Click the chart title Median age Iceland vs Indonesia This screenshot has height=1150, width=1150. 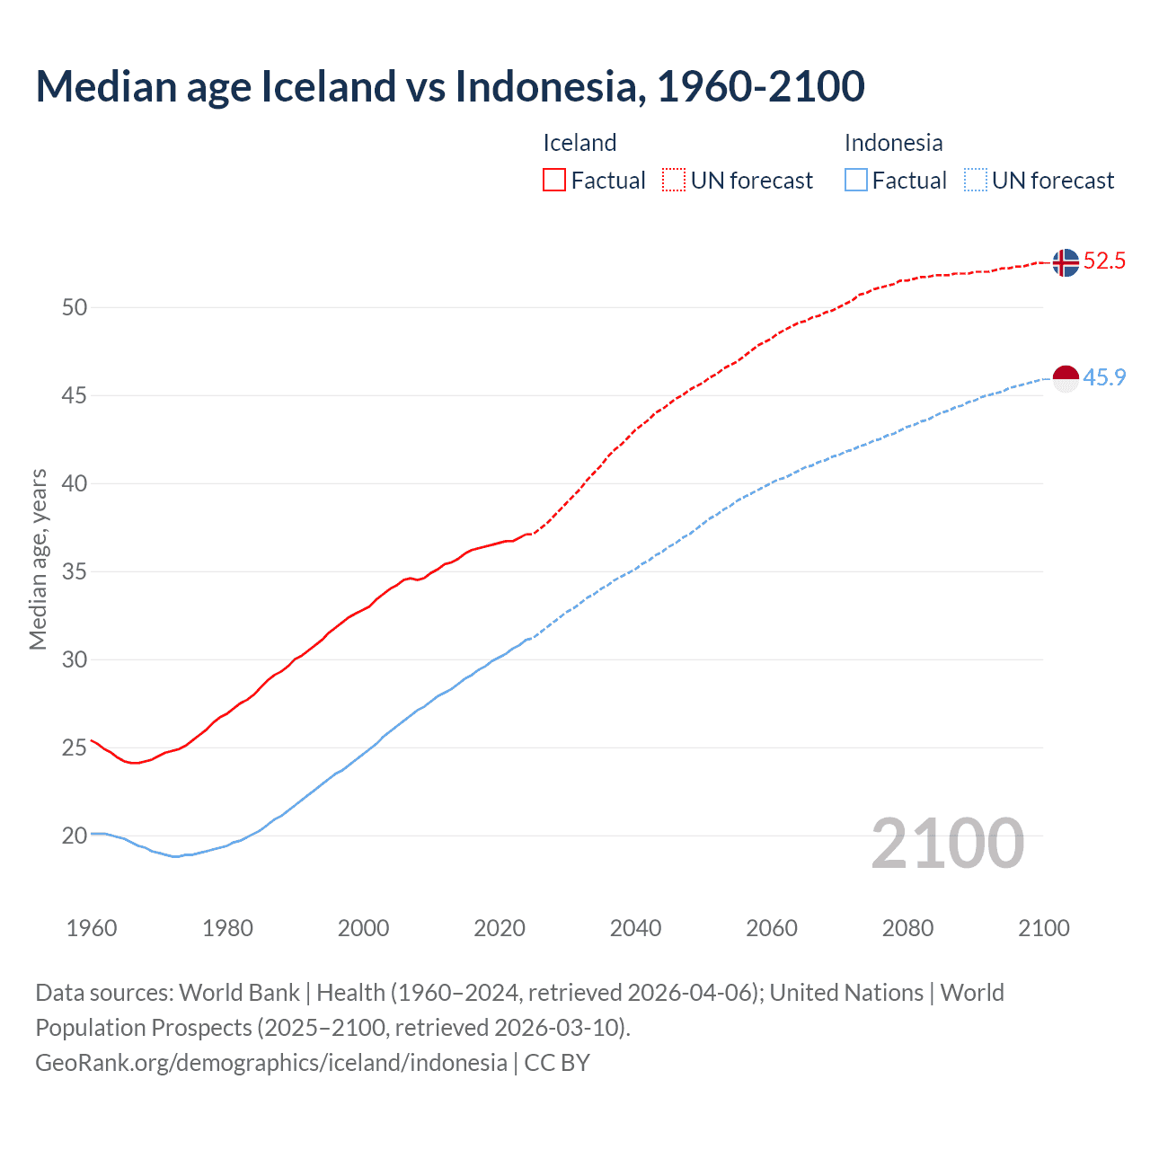449,86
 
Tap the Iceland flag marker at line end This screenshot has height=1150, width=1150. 1065,262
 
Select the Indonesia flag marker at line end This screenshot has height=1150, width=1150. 1065,378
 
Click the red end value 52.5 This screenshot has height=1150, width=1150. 1104,261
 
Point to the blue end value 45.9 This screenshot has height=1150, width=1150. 1104,377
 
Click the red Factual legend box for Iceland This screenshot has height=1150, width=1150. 554,180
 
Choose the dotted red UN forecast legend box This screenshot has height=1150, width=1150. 674,180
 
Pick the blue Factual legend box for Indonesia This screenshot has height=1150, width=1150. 856,180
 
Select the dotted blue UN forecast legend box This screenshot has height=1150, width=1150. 975,180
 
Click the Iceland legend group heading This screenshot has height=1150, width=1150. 579,143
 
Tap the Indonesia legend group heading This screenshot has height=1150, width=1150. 893,143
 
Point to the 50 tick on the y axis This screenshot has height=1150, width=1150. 75,307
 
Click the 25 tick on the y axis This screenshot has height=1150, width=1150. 75,747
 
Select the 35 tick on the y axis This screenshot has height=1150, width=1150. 75,571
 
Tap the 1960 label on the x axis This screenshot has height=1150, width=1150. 92,928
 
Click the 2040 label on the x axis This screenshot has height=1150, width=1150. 635,928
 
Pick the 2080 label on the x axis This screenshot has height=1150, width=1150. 907,928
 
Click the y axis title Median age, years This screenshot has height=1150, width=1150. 38,559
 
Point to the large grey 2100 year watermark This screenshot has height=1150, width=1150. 948,844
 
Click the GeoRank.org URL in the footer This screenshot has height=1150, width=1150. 270,1062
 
